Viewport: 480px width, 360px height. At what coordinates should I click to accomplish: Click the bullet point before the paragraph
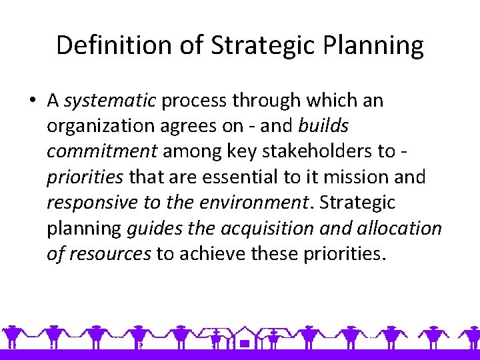pos(33,101)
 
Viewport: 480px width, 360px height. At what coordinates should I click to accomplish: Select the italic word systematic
pos(110,101)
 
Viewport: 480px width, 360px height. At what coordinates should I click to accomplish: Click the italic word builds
pos(323,126)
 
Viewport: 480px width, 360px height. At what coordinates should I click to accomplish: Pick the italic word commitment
pos(102,151)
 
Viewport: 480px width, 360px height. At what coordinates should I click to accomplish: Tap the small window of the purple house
pos(245,344)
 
